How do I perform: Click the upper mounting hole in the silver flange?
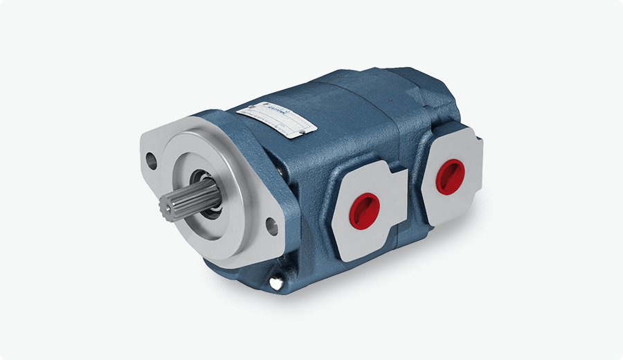151,162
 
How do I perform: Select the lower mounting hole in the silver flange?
271,224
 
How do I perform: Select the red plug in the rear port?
450,174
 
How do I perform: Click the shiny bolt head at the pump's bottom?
276,283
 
